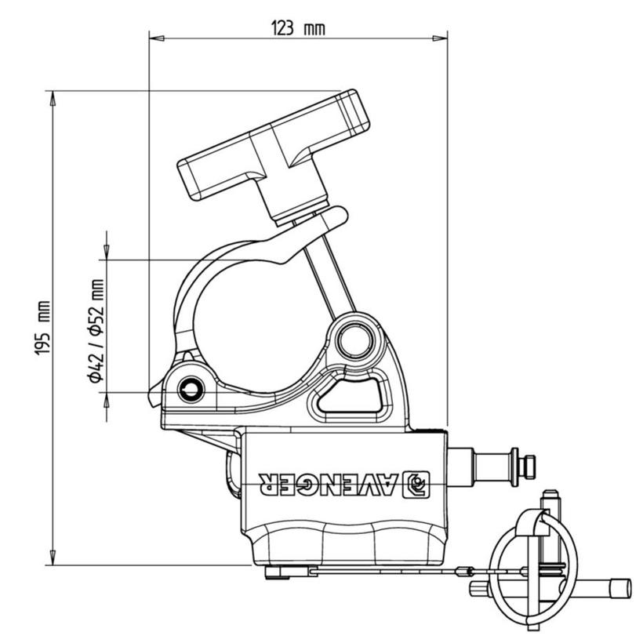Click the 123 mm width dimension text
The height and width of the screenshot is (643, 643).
pos(297,29)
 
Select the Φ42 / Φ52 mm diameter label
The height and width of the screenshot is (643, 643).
pos(96,330)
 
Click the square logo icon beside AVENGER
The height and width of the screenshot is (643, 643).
pos(417,485)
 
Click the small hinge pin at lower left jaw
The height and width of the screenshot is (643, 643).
pos(191,389)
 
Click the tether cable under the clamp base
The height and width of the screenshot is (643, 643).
pos(392,572)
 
